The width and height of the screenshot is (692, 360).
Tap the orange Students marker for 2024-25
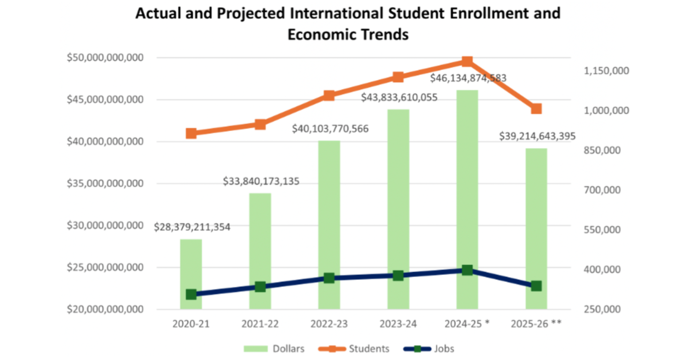click(x=467, y=61)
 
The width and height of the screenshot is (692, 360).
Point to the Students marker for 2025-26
click(x=536, y=109)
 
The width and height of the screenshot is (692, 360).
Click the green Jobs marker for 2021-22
click(x=260, y=287)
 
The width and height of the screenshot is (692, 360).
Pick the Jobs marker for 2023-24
click(x=398, y=276)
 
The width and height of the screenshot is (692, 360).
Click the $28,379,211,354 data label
click(x=192, y=227)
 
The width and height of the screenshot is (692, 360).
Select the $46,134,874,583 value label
click(x=468, y=78)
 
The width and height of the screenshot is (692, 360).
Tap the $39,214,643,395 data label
click(x=537, y=136)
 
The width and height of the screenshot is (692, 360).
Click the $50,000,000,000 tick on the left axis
click(x=105, y=58)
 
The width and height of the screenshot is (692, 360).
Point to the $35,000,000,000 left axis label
click(x=105, y=183)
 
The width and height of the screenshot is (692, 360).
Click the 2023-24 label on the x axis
click(x=398, y=324)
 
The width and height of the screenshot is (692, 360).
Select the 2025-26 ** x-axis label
click(x=536, y=324)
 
